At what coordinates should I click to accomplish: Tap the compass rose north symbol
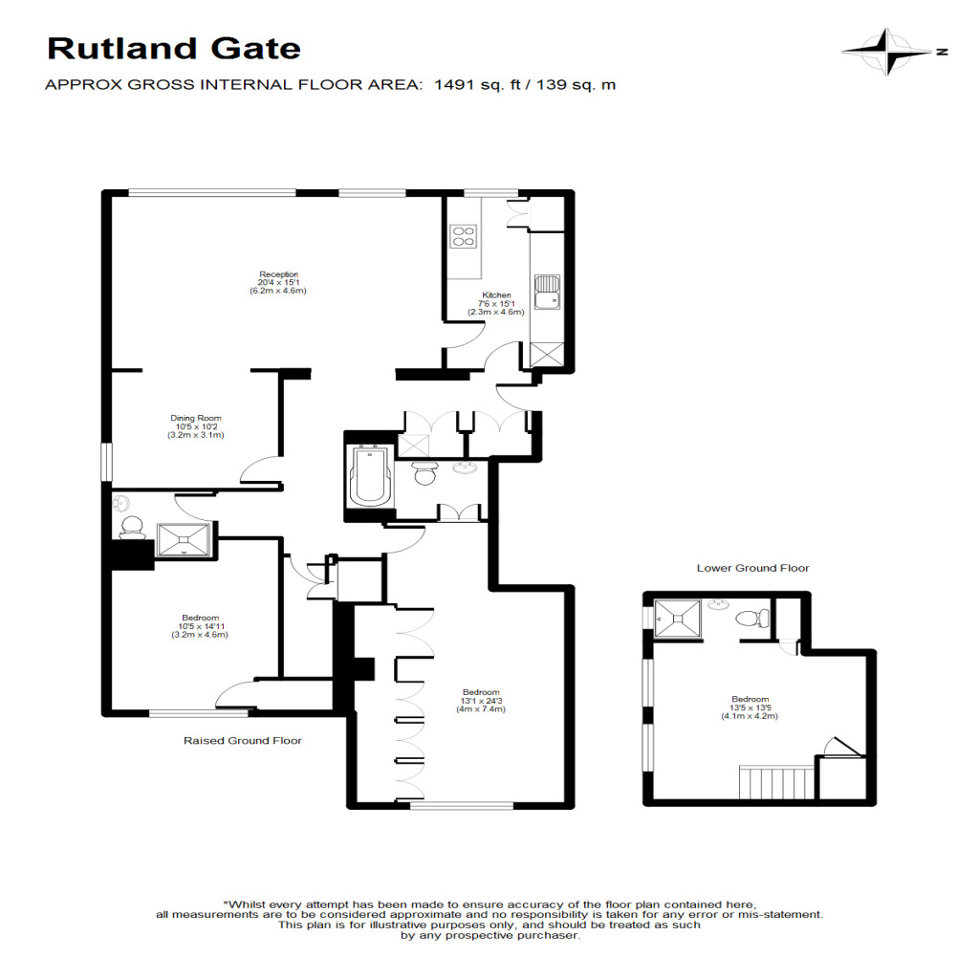point(890,53)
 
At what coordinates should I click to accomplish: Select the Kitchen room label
point(496,303)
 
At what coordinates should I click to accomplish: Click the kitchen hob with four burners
point(464,235)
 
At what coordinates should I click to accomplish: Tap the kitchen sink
point(547,292)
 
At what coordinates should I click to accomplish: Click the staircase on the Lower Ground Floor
point(776,781)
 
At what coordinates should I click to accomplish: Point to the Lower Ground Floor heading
point(752,568)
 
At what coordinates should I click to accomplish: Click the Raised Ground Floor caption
point(243,741)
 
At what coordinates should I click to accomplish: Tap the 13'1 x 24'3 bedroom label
point(480,701)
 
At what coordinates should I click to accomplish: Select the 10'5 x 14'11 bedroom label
point(200,626)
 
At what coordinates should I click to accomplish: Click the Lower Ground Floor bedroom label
point(750,707)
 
